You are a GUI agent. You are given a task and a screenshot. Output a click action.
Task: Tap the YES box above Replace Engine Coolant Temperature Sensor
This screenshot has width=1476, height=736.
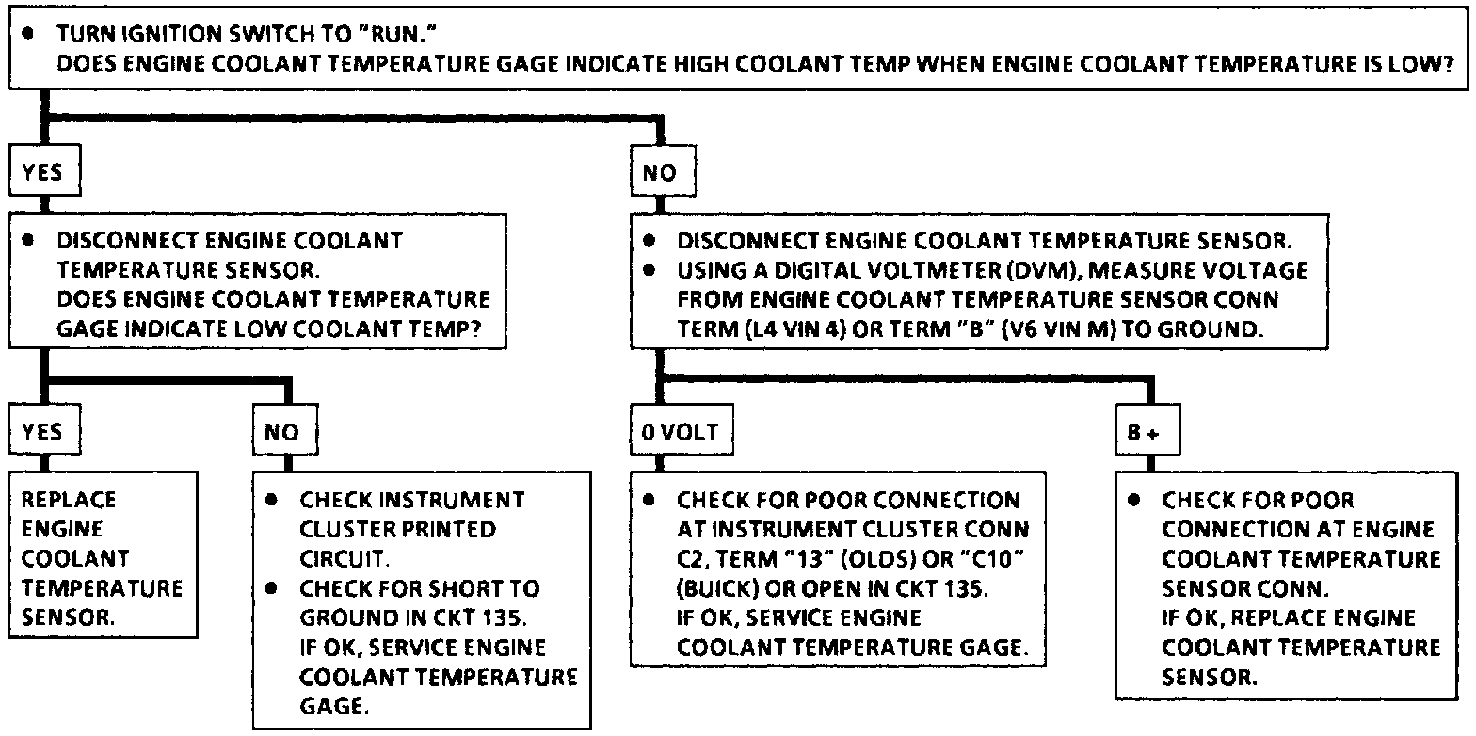42,432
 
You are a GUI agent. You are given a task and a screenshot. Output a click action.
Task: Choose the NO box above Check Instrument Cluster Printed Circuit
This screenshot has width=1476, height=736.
283,432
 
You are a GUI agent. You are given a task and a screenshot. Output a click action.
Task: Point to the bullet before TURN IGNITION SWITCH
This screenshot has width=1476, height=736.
28,33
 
